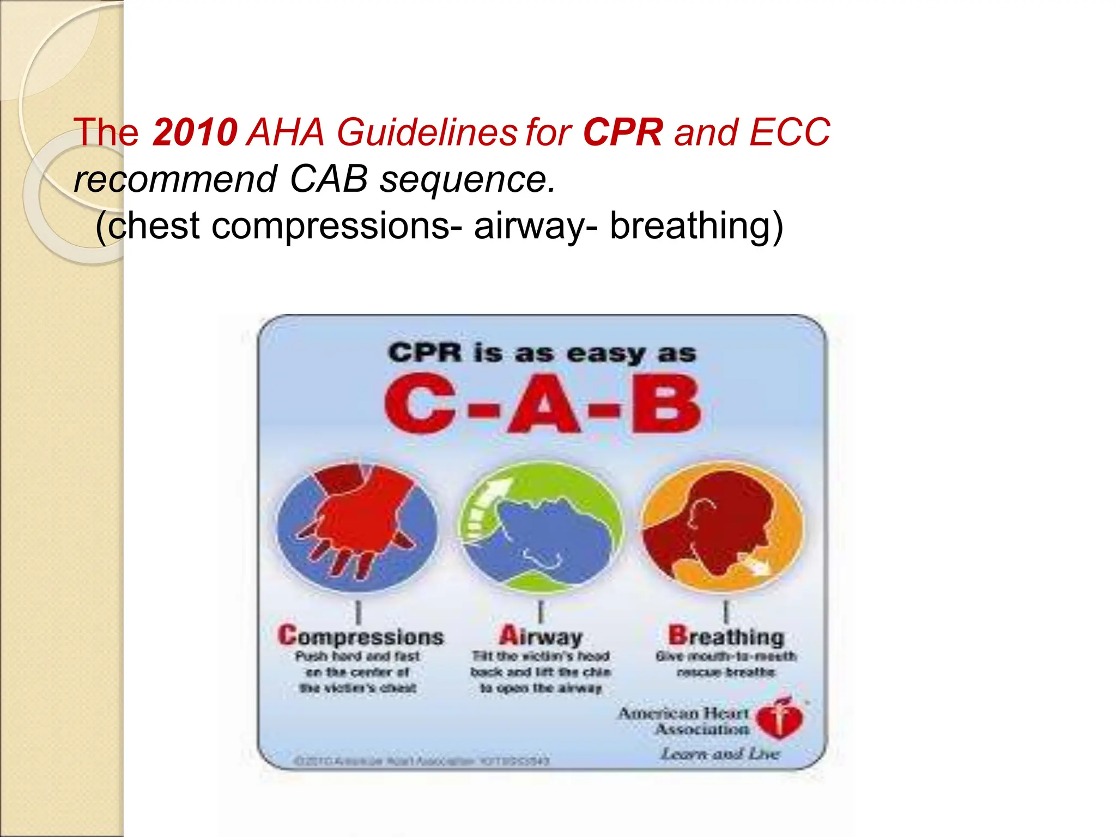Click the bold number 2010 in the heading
pyautogui.click(x=195, y=132)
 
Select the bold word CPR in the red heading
pyautogui.click(x=623, y=132)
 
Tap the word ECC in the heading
pyautogui.click(x=790, y=132)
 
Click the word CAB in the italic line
pyautogui.click(x=329, y=179)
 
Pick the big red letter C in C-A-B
pyautogui.click(x=420, y=404)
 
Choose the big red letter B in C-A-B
pyautogui.click(x=666, y=404)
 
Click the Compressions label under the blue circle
pyautogui.click(x=361, y=636)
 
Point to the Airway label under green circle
pyautogui.click(x=541, y=636)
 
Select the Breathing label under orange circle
pyautogui.click(x=726, y=636)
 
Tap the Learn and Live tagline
pyautogui.click(x=719, y=754)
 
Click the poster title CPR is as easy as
pyautogui.click(x=542, y=353)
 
